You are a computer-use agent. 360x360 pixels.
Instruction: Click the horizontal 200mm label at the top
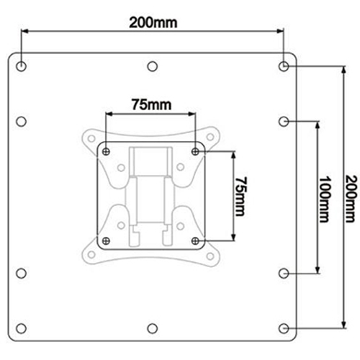(x=153, y=22)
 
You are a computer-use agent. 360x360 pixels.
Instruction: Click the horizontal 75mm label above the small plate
(x=150, y=105)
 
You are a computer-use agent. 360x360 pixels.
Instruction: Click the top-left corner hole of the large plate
(x=22, y=66)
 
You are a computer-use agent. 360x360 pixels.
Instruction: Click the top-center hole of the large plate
(x=153, y=66)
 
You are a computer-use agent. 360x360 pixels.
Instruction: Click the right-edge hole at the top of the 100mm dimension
(x=284, y=120)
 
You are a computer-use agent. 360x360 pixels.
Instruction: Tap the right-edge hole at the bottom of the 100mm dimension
(x=284, y=273)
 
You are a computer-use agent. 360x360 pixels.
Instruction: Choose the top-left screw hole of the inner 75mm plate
(x=107, y=152)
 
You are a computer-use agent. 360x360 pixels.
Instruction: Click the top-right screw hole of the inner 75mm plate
(x=196, y=152)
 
